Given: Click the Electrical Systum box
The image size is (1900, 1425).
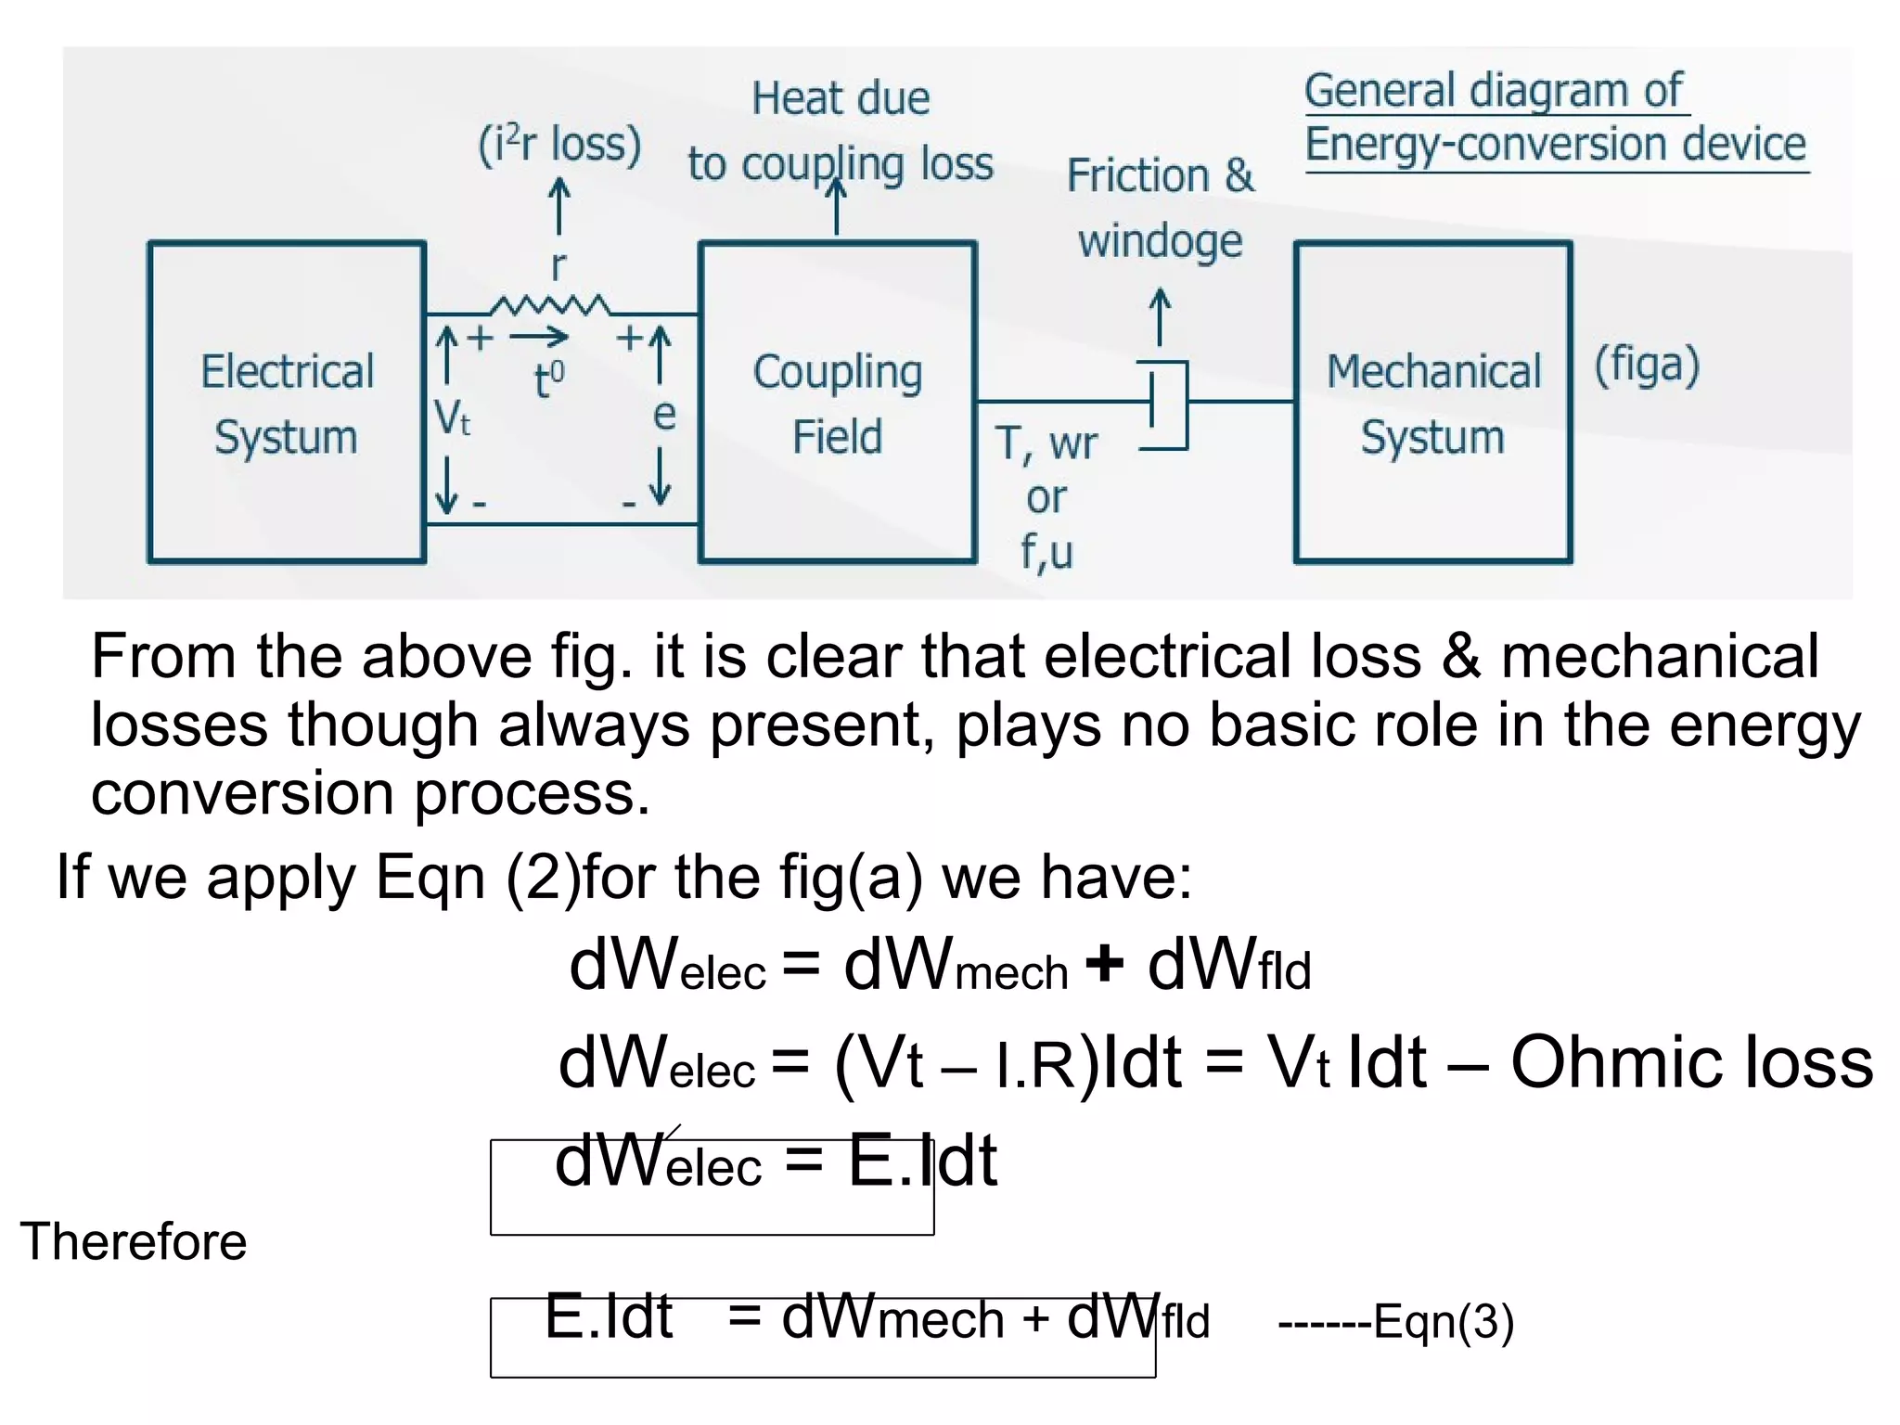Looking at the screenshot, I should click(286, 403).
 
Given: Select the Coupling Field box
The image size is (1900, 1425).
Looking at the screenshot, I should click(837, 403).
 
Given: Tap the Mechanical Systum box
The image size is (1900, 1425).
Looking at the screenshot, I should click(1432, 403).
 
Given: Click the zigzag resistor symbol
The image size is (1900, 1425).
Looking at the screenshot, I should click(550, 305).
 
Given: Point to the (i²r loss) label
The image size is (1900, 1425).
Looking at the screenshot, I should click(559, 146).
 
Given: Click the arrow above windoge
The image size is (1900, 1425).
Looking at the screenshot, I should click(1160, 316).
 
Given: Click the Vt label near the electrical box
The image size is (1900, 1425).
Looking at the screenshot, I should click(452, 417).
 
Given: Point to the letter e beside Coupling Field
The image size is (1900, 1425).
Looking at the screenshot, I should click(664, 415).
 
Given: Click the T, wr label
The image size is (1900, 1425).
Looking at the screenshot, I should click(1046, 443).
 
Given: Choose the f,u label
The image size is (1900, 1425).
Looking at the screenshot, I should click(1046, 552).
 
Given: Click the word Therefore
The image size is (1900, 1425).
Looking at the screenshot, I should click(134, 1241).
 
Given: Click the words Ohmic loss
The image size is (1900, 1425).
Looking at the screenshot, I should click(1691, 1062).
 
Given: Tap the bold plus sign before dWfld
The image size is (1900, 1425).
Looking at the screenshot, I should click(1104, 963).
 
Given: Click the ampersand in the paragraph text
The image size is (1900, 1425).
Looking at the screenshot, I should click(1461, 656).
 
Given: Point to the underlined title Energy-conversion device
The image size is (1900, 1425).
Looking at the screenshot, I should click(1555, 145).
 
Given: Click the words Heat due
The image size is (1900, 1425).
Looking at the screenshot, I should click(841, 98).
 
